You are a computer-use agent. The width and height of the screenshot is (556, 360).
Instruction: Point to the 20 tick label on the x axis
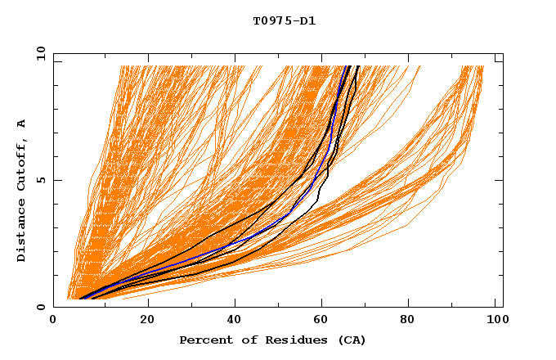click(147, 320)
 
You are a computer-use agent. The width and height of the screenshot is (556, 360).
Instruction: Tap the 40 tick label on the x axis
click(235, 320)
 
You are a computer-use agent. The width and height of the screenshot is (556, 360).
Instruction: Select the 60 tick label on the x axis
click(324, 320)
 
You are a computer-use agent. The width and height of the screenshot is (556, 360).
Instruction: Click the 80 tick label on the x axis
click(412, 320)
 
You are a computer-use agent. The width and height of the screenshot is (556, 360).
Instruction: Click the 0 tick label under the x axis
click(54, 320)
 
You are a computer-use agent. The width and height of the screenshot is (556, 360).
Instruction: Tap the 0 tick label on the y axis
click(40, 307)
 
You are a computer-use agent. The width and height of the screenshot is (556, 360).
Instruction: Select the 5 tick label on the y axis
click(40, 180)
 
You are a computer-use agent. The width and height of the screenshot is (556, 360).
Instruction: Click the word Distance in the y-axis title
click(21, 231)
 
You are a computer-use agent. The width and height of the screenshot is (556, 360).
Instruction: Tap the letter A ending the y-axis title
click(21, 123)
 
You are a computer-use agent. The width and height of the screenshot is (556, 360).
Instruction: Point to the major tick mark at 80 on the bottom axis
click(412, 304)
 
